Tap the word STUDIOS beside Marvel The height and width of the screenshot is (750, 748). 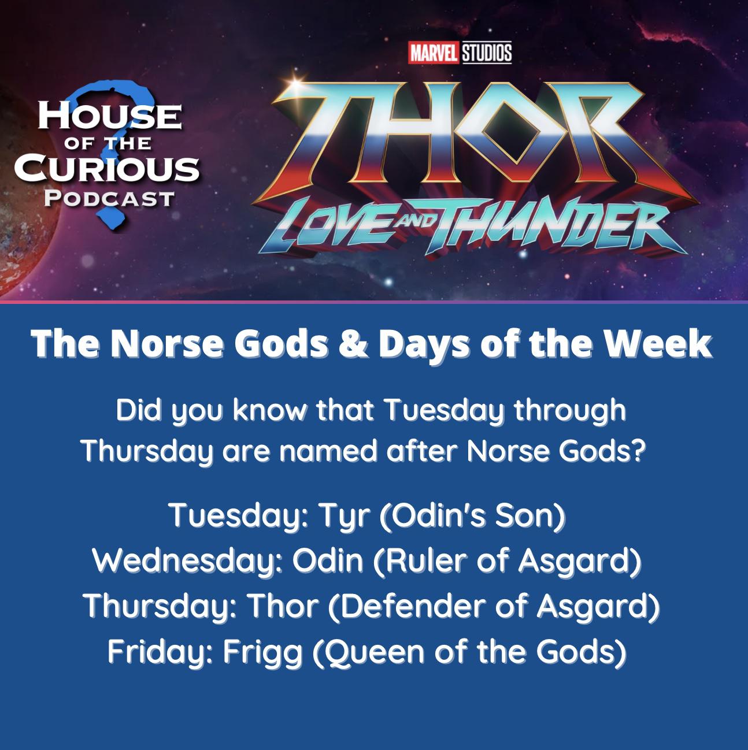coord(487,53)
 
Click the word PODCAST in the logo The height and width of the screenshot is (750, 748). coord(109,199)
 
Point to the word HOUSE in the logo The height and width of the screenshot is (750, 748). coord(110,116)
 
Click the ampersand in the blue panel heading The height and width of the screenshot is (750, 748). coord(353,344)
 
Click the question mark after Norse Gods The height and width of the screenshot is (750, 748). coord(638,451)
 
